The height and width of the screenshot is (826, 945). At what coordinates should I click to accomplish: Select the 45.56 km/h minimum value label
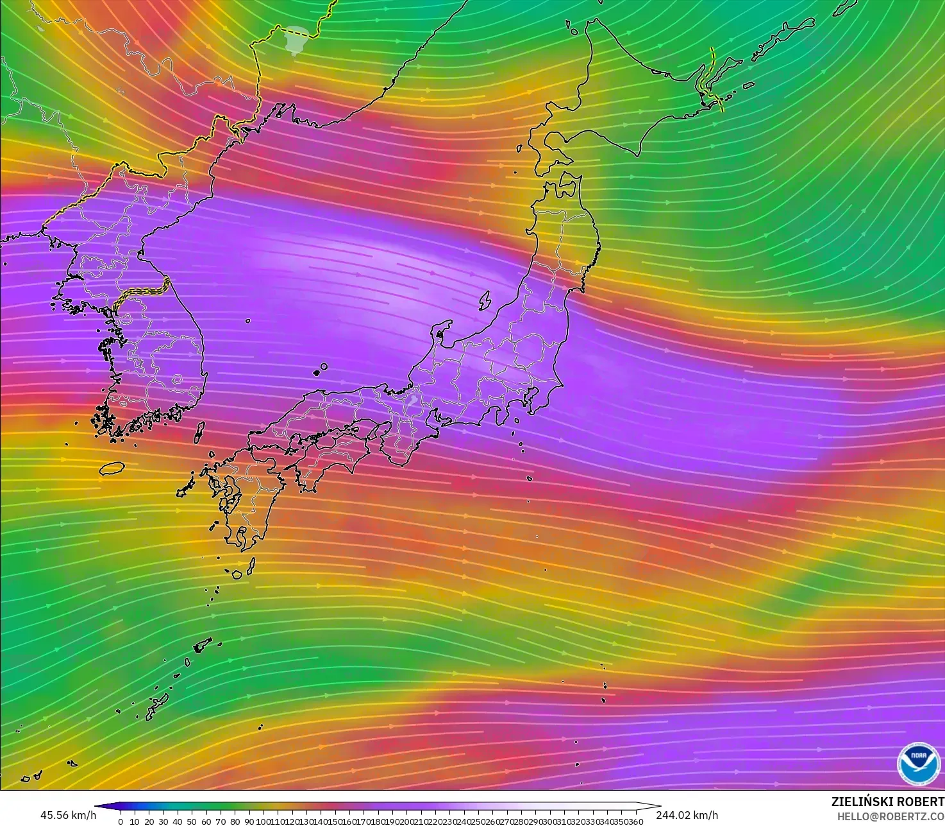pos(69,815)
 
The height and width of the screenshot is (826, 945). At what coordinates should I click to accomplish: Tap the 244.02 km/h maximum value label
pos(687,815)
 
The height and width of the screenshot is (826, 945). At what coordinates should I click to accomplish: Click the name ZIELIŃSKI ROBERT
pos(887,802)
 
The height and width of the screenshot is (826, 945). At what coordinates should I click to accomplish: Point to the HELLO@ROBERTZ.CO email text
pos(891,816)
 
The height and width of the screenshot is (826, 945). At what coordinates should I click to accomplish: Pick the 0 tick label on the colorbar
pos(121,822)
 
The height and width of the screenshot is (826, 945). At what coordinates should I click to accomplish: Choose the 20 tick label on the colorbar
pos(149,822)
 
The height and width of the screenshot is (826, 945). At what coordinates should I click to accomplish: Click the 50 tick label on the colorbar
pos(192,822)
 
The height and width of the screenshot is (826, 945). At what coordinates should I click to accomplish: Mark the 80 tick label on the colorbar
pos(235,822)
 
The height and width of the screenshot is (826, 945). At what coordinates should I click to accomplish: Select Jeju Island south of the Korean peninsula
pos(112,468)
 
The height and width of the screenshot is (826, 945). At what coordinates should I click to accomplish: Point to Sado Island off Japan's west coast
pos(485,299)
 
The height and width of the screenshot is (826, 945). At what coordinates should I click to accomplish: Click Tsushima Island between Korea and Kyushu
pos(199,431)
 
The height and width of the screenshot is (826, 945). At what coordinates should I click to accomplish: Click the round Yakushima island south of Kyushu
pos(237,574)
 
